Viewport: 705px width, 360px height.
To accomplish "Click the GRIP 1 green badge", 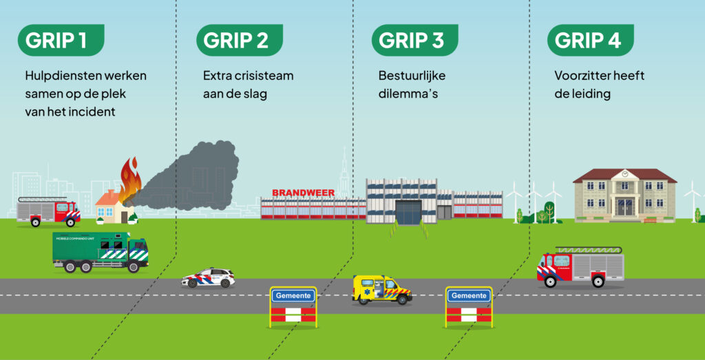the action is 61,40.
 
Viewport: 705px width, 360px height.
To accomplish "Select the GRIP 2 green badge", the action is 239,40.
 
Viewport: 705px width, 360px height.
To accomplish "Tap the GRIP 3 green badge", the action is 414,40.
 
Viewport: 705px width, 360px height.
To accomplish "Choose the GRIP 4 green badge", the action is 590,40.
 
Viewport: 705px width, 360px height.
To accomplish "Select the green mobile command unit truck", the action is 101,252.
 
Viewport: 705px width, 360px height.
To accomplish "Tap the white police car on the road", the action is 208,278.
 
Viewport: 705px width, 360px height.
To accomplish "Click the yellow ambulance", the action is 382,290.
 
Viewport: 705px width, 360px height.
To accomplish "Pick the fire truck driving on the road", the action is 580,267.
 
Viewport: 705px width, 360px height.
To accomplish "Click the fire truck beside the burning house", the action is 48,211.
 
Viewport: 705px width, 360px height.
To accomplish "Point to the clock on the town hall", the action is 624,173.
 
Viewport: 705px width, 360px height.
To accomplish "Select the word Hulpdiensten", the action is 63,76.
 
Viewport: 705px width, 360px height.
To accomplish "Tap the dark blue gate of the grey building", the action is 409,213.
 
